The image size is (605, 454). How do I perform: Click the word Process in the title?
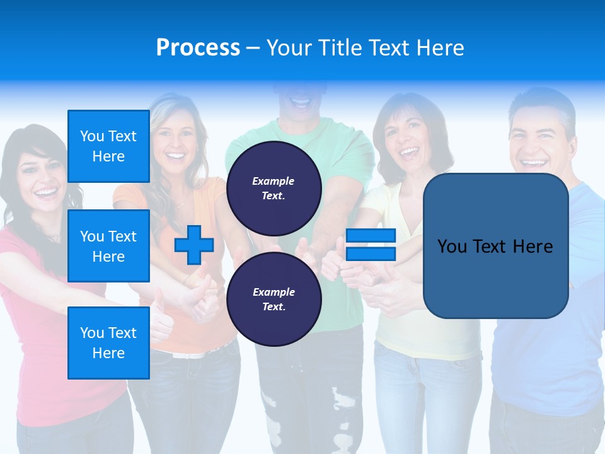coord(198,48)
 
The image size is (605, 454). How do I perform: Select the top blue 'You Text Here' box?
coord(108,146)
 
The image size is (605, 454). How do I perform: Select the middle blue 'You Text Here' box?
coord(108,246)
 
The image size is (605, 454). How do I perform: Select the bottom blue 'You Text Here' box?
coord(108,343)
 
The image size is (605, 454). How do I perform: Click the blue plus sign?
coord(193,245)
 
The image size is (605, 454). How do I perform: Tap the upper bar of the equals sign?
coord(371,236)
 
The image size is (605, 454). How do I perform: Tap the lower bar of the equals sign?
coord(371,253)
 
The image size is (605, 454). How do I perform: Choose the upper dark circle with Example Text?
coord(274,188)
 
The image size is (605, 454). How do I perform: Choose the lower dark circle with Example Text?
coord(274,299)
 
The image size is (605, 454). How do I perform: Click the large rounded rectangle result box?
coord(495,246)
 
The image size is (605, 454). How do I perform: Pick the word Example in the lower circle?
coord(274,292)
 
